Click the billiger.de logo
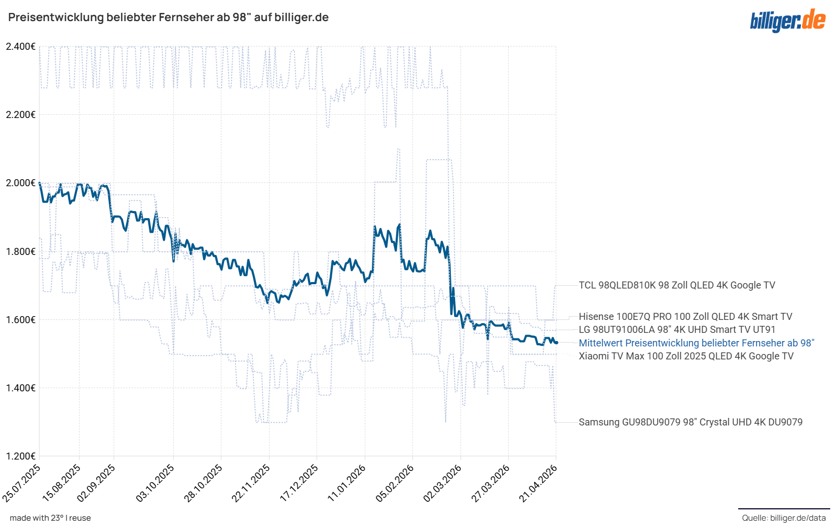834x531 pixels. pos(787,21)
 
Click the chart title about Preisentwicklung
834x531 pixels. pos(168,17)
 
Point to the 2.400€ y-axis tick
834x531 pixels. pos(21,47)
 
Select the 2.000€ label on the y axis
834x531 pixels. pos(21,183)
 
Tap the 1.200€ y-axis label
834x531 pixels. pos(21,456)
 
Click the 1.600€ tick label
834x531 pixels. pos(21,320)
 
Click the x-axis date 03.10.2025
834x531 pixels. pos(156,482)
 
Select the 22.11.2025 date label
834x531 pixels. pos(252,482)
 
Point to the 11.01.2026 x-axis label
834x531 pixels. pos(347,482)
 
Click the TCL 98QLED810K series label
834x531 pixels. pos(677,285)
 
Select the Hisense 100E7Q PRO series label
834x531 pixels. pos(685,317)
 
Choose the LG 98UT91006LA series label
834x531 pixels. pos(677,330)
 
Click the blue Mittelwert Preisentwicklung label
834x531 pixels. pos(696,343)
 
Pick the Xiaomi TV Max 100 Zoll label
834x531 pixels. pos(686,356)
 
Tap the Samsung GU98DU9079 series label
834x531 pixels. pos(690,422)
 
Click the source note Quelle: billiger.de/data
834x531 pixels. pos(784,518)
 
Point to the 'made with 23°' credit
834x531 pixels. pos(50,518)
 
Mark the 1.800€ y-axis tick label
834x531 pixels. pos(21,252)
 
